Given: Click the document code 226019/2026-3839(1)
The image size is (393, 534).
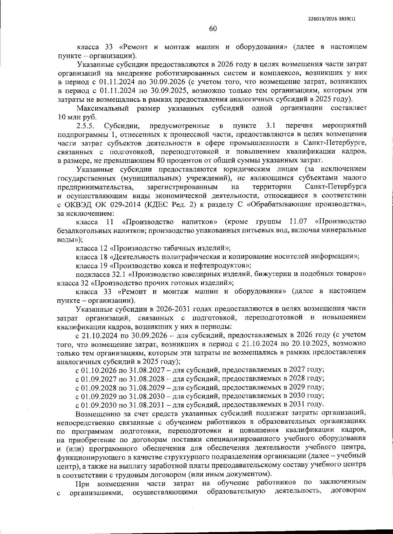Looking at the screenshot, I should tap(332, 19).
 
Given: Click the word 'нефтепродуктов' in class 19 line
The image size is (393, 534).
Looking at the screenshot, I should tap(222, 265).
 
